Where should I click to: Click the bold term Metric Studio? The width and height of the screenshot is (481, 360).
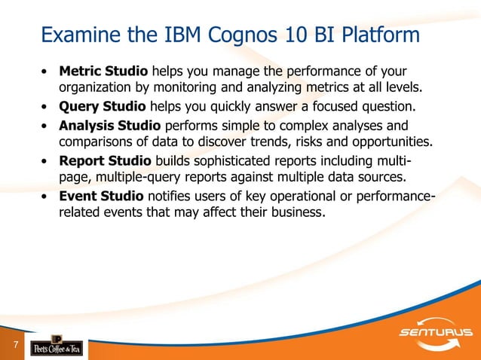[x=104, y=72]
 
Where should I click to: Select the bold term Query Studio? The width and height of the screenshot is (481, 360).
[x=102, y=106]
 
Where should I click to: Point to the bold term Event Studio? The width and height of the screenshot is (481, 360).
[x=102, y=197]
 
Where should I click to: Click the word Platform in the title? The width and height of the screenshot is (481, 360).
[x=383, y=35]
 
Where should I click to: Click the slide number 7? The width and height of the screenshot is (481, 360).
[x=14, y=345]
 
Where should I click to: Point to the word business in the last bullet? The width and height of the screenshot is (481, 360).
[x=296, y=214]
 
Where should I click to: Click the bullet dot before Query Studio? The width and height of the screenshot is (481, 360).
[x=47, y=107]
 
